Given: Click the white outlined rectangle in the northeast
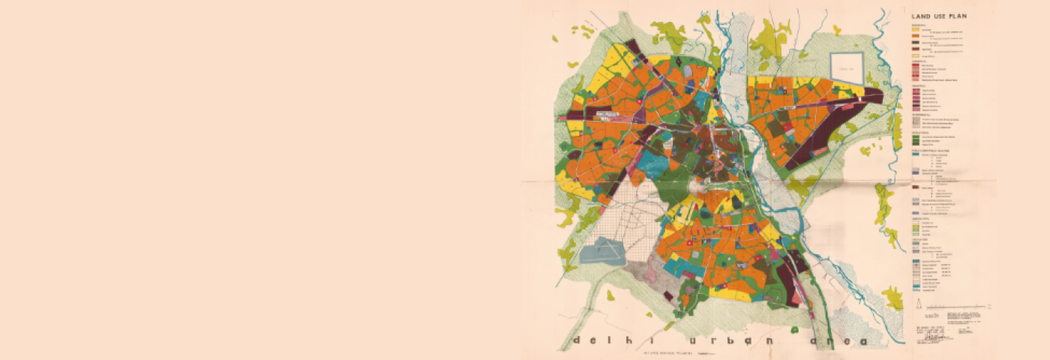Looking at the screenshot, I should [x=847, y=65].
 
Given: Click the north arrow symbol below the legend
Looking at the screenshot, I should [x=919, y=304].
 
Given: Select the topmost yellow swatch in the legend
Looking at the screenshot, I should [x=916, y=30].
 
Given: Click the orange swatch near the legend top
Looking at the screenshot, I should [x=916, y=36].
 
